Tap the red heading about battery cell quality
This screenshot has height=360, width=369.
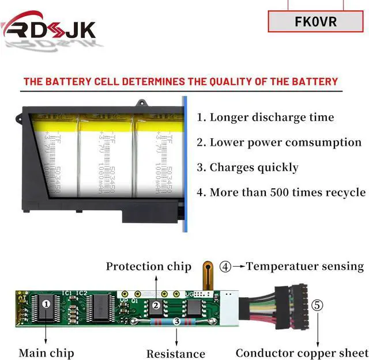coord(180,81)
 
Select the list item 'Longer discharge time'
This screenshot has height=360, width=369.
coord(266,118)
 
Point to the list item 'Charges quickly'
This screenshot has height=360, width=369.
coord(248,168)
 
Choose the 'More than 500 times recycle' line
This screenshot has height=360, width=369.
coord(281,192)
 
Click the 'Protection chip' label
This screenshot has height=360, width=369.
coord(148,267)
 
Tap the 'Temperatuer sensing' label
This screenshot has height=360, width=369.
coord(305,266)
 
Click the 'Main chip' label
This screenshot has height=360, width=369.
coord(46,352)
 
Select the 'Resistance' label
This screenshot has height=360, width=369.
coord(175,354)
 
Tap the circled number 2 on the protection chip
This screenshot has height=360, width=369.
coord(156,306)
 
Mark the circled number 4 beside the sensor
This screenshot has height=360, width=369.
coord(225,267)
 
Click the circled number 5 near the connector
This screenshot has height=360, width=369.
coord(317,305)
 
